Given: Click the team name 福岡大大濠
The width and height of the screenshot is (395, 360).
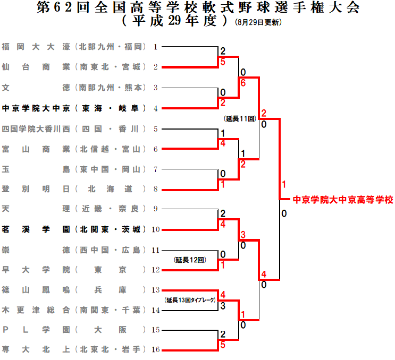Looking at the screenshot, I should point(36,47).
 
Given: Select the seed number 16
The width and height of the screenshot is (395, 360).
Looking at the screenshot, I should point(156,349).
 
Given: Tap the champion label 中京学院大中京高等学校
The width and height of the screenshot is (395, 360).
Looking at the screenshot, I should point(343,200).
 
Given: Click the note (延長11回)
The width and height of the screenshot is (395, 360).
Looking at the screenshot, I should point(240,118).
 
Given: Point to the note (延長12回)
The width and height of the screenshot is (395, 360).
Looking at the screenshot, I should point(190,260).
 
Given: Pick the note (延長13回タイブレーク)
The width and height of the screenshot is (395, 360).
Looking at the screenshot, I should point(190,300).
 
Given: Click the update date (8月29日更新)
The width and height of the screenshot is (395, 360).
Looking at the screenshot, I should point(258,23).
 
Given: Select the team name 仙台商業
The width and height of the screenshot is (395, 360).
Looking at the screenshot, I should point(36,67).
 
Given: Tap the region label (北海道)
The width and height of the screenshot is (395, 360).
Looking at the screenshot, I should point(110,188).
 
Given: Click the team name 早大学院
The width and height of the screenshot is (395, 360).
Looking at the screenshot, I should point(36,269).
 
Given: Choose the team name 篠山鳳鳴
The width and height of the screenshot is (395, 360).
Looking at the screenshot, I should point(36,289).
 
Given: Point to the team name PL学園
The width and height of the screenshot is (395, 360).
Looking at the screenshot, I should point(36,329).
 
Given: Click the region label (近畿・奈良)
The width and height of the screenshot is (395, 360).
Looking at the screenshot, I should point(110,208).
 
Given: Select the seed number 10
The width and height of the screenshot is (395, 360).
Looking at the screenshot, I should point(156,229).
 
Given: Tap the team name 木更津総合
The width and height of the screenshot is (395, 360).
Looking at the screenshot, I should point(36,309).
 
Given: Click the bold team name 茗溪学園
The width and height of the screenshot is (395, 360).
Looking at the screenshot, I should point(36,229).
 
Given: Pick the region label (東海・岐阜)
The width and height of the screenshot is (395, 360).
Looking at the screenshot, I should point(110,108).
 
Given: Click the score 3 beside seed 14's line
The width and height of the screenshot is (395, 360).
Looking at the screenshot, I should point(223,305).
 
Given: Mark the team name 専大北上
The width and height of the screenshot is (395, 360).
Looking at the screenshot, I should point(36,349).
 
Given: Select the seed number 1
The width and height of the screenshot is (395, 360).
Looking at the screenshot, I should point(156,47).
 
